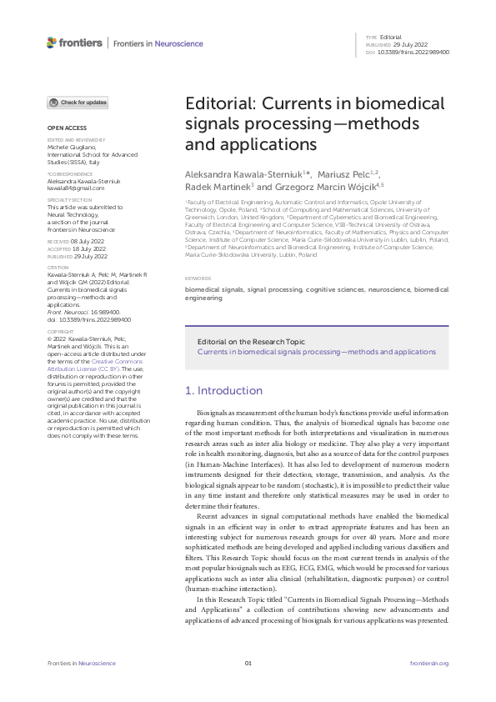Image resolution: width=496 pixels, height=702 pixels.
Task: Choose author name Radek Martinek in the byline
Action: click(x=217, y=187)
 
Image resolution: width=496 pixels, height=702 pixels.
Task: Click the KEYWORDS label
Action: click(x=198, y=278)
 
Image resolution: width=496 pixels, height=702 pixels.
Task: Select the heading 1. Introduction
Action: click(x=223, y=390)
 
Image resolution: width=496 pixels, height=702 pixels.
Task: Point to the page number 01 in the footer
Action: click(x=248, y=664)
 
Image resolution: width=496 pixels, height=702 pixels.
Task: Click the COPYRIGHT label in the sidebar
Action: click(x=61, y=331)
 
